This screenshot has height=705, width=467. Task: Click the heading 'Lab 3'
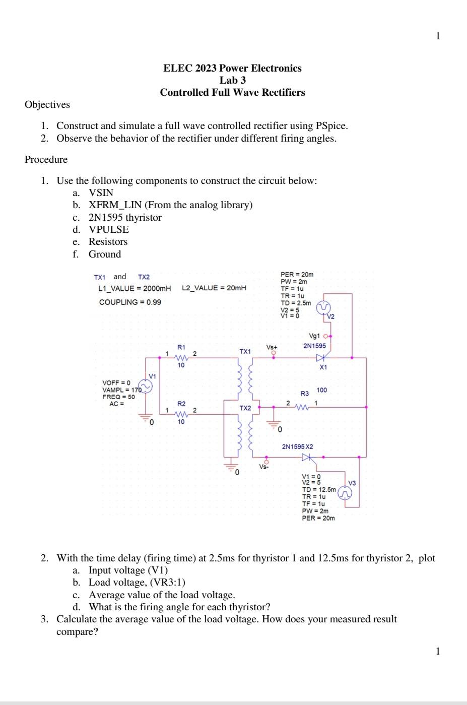[232, 80]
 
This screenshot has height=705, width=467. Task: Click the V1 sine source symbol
[146, 387]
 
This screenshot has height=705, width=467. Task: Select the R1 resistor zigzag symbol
[181, 358]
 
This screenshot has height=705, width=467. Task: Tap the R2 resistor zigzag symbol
[181, 414]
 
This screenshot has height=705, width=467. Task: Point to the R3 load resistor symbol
[301, 407]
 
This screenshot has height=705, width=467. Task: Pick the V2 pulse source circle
[323, 307]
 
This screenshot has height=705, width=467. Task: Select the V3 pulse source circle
[345, 493]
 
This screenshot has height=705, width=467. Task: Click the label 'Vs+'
[272, 347]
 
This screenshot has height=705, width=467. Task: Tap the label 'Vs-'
[264, 467]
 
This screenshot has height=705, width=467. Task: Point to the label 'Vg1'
[314, 336]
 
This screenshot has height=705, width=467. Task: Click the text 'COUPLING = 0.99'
[130, 302]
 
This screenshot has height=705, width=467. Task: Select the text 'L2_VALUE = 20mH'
[214, 288]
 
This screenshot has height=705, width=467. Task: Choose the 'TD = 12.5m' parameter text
[318, 489]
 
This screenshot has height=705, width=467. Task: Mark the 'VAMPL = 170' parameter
[121, 390]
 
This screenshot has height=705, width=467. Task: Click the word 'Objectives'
[47, 104]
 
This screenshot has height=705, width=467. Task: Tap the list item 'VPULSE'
[108, 229]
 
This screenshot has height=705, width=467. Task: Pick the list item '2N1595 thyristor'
[125, 217]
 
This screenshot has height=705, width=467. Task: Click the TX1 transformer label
[245, 351]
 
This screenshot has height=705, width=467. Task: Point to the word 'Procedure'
[46, 159]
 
